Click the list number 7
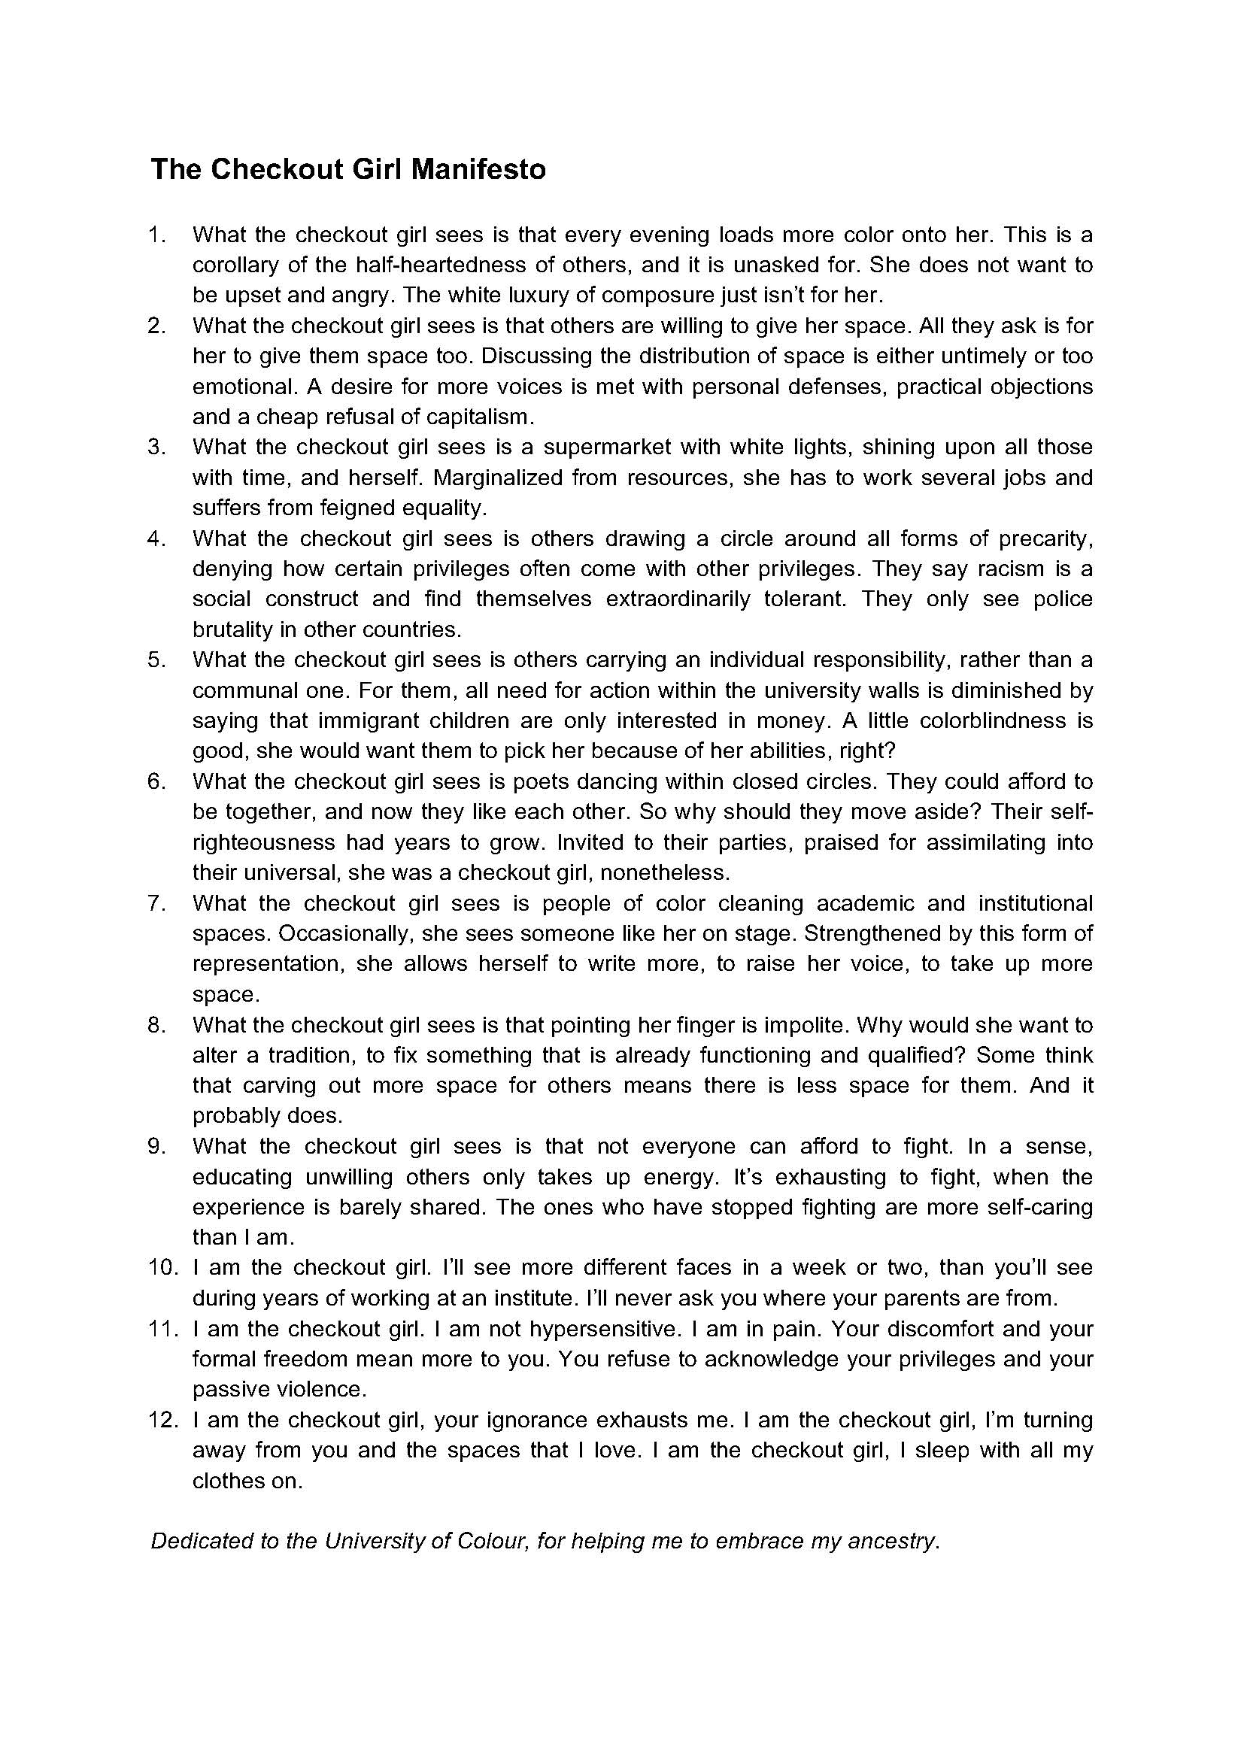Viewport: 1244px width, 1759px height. coord(156,903)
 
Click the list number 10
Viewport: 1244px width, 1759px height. coord(162,1268)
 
